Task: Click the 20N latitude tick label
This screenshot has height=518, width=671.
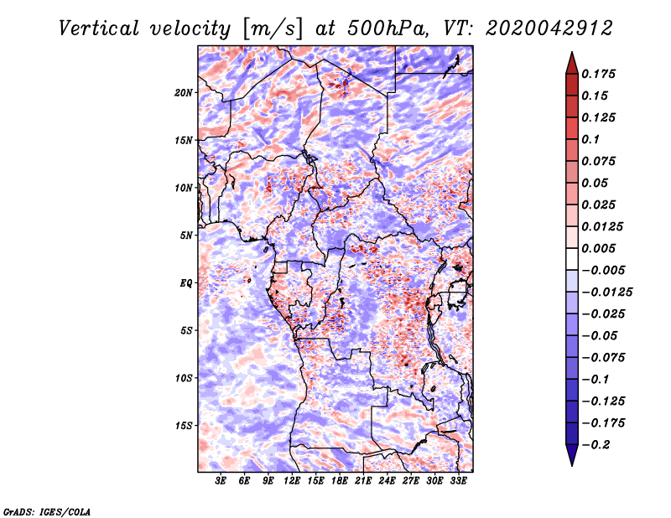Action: (x=184, y=93)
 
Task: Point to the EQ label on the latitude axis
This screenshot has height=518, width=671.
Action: (x=185, y=283)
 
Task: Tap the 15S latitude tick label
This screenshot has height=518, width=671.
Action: (x=184, y=426)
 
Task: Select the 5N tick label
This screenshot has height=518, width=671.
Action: (x=186, y=236)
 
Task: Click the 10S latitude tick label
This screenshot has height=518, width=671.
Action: (x=184, y=378)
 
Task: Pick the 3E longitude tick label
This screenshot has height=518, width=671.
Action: (x=221, y=481)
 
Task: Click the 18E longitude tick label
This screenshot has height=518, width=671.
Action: (x=340, y=481)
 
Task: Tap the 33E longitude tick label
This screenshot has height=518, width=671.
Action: (x=458, y=481)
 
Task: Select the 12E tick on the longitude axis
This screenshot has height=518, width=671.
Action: (x=292, y=481)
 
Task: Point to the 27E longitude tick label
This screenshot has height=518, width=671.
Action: (x=411, y=481)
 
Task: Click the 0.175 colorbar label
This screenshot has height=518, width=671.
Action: (x=598, y=74)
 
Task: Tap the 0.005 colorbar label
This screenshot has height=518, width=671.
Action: (x=598, y=248)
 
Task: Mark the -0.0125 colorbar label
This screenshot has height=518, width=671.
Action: (x=606, y=293)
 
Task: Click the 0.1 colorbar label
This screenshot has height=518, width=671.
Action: (x=591, y=139)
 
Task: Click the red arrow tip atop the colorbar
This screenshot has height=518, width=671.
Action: (x=572, y=52)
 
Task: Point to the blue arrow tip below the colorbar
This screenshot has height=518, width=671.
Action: (x=572, y=465)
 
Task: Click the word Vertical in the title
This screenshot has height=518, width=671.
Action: (x=99, y=28)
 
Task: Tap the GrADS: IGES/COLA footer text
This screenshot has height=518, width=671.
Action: (x=47, y=511)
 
